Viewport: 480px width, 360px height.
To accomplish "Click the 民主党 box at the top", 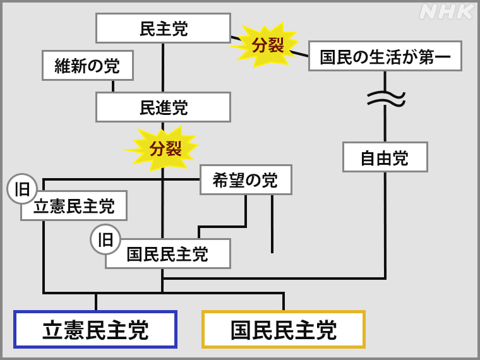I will point(163,28).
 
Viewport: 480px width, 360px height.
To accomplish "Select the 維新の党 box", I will point(88,66).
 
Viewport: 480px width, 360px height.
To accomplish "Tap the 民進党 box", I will point(163,107).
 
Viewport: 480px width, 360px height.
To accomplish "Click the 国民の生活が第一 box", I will point(385,56).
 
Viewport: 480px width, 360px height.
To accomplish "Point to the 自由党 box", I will point(385,157).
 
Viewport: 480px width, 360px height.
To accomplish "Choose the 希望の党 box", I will point(246,180).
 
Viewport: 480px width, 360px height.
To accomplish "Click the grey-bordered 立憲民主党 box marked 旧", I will point(75,206).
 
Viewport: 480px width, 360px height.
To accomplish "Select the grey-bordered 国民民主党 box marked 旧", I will point(168,254).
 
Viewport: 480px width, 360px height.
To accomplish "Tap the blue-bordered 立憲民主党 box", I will point(95,330).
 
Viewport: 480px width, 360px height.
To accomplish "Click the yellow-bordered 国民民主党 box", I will point(284,330).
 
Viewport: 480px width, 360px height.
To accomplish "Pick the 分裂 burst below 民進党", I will point(165,148).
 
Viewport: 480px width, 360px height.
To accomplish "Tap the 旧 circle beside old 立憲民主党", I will point(22,189).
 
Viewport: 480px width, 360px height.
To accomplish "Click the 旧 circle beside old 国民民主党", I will point(105,239).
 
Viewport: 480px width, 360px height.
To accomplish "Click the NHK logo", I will point(447,12).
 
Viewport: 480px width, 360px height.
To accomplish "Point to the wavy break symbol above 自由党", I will point(385,98).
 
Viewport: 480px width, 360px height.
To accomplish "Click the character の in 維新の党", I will point(95,66).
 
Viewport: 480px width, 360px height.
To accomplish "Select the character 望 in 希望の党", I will point(237,180).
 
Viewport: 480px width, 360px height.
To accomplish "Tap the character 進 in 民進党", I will point(164,107).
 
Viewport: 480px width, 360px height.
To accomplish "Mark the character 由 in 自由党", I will point(385,157).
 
